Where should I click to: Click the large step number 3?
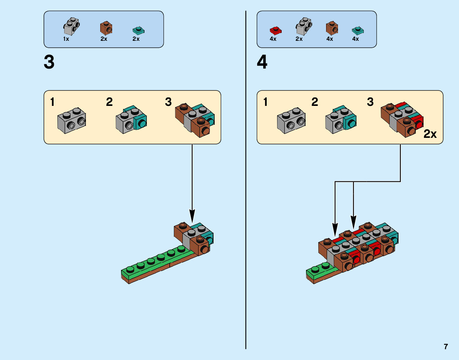click(x=49, y=62)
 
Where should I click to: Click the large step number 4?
click(x=262, y=62)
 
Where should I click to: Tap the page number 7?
click(x=446, y=347)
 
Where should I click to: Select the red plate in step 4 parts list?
click(x=275, y=30)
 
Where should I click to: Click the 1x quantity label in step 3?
click(x=66, y=39)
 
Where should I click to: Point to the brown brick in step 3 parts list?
click(x=106, y=28)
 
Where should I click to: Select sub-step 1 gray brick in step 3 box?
click(x=72, y=121)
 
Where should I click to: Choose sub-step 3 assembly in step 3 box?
click(x=195, y=119)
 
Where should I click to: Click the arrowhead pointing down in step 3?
click(x=192, y=216)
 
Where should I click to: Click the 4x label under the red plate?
click(x=273, y=39)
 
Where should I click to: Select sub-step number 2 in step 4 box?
click(x=315, y=102)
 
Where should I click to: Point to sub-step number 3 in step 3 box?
click(x=168, y=102)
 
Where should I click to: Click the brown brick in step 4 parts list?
click(x=331, y=28)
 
